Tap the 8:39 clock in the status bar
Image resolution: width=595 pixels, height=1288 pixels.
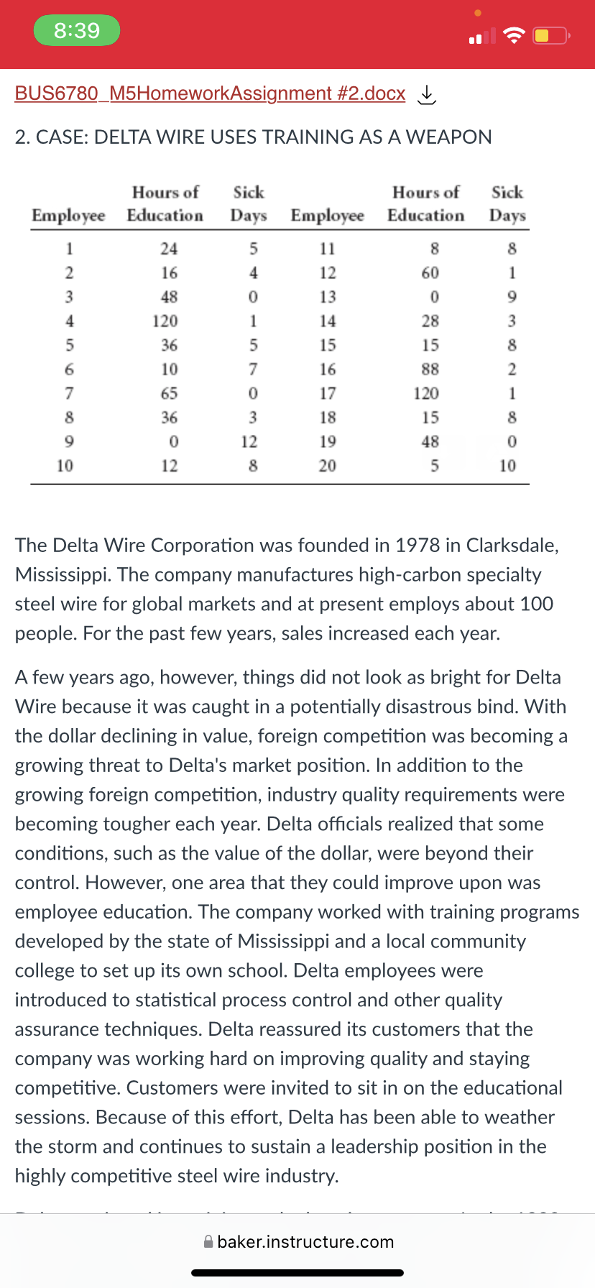[77, 30]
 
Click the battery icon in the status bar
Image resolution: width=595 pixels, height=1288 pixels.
[551, 35]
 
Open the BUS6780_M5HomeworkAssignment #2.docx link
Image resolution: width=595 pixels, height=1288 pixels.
[210, 93]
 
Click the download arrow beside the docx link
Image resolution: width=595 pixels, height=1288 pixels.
[427, 95]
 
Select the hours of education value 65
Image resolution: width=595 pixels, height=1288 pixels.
[169, 393]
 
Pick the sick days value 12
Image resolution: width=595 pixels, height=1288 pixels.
[249, 441]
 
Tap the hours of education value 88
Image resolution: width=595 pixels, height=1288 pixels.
[430, 369]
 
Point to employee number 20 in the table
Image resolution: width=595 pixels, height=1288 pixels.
[328, 466]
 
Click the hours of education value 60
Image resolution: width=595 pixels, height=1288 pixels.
[430, 272]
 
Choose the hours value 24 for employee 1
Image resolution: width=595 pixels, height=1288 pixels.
[169, 249]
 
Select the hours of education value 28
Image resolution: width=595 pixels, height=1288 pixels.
[430, 321]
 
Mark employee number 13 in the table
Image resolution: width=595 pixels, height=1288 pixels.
[328, 297]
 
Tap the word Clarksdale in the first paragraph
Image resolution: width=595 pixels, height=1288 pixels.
[512, 545]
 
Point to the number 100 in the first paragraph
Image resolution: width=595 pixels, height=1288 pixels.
[536, 604]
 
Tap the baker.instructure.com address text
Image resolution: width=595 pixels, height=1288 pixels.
[305, 1241]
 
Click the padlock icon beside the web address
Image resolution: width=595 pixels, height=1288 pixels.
[208, 1241]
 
